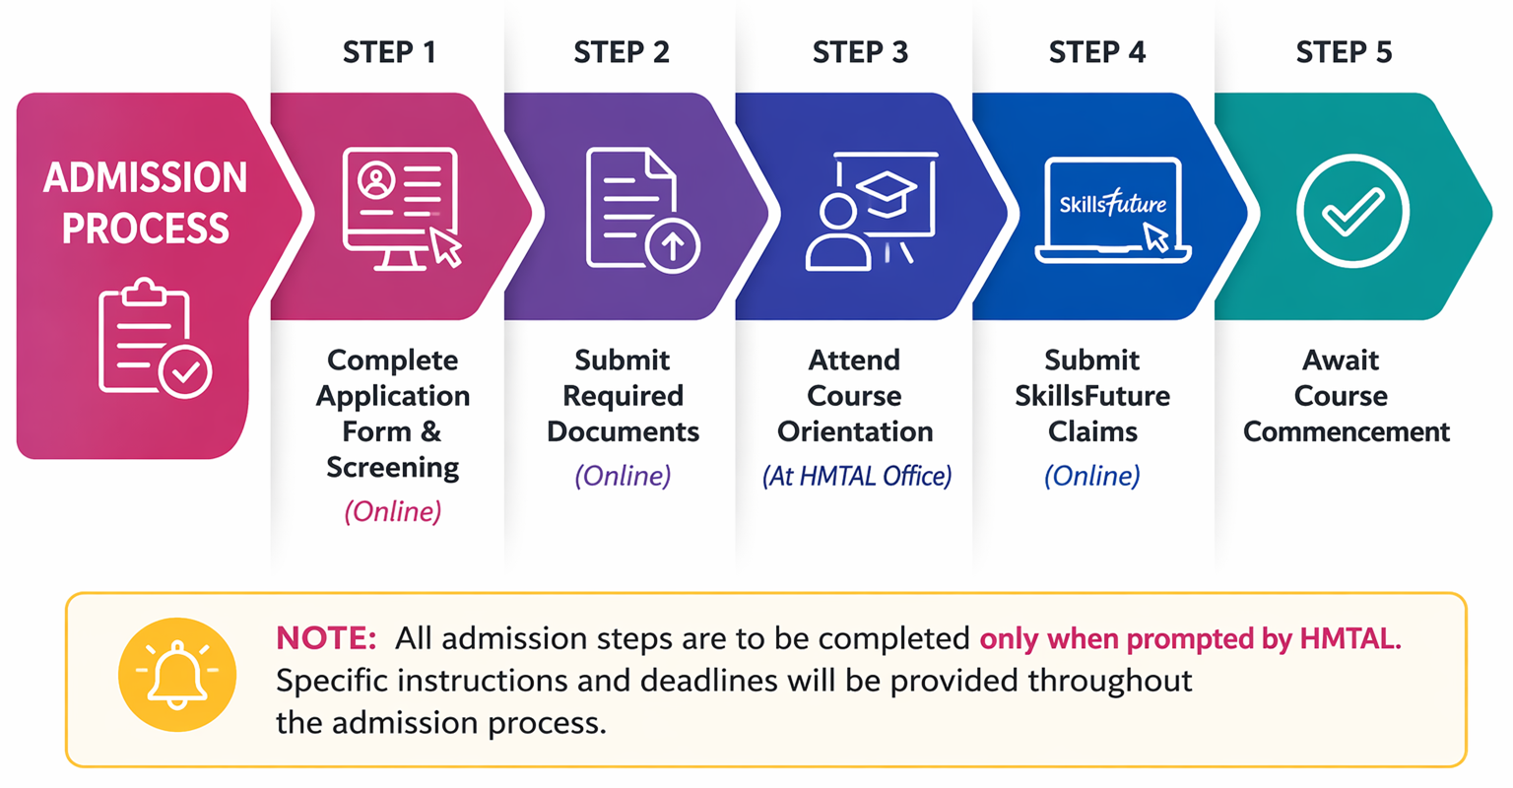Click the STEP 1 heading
coord(389,52)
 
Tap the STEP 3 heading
coord(860,52)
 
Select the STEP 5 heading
coord(1344,52)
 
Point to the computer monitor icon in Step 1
coord(401,209)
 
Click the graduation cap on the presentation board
coord(886,192)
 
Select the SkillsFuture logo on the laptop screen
coord(1112,203)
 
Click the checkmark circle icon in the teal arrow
coord(1352,211)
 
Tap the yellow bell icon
coord(177,675)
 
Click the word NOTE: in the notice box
coord(326,638)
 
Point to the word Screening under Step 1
coord(392,468)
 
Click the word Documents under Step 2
coord(623,431)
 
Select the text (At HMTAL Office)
coord(856,476)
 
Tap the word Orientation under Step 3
coord(855,431)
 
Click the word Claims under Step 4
coord(1092,431)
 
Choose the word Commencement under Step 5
coord(1347,431)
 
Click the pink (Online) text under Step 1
coord(392,512)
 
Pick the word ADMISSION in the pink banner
coord(145,177)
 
